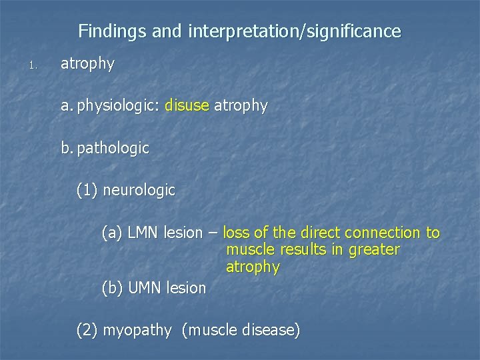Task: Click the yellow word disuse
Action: coord(187,106)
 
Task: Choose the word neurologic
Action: coord(140,191)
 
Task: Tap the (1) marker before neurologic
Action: coord(87,191)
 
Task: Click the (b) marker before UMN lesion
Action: coord(113,288)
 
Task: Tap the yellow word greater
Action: coord(373,250)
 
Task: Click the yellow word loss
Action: coord(235,233)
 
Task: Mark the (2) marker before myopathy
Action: coord(87,330)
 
